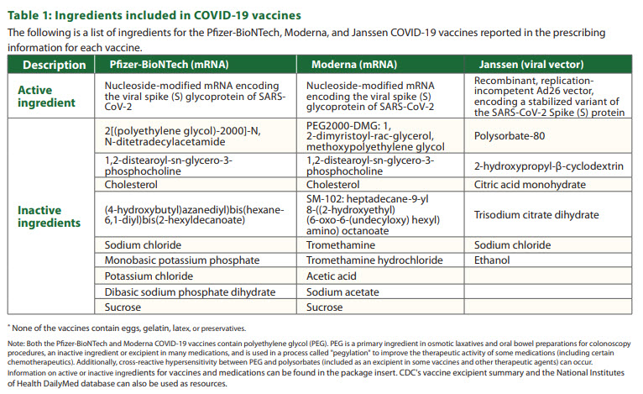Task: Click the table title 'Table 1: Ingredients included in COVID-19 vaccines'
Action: click(x=154, y=16)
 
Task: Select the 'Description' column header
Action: click(x=55, y=65)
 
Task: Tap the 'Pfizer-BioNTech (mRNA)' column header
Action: click(x=169, y=65)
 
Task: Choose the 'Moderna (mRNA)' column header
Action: click(x=354, y=65)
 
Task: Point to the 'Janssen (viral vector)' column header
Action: click(x=531, y=65)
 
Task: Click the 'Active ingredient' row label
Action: click(x=46, y=97)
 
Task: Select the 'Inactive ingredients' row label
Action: click(x=50, y=216)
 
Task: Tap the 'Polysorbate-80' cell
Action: click(x=510, y=136)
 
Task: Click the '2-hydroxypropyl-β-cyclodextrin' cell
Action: click(x=549, y=165)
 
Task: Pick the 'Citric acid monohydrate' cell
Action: click(x=530, y=185)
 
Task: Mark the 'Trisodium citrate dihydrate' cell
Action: click(x=536, y=215)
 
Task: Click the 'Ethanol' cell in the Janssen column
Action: click(x=492, y=260)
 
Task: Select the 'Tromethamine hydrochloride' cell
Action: click(x=374, y=260)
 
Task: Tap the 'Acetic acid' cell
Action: click(x=331, y=276)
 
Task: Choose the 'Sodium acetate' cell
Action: click(x=342, y=292)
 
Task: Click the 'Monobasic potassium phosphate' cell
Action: click(x=181, y=260)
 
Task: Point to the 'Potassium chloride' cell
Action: click(x=149, y=276)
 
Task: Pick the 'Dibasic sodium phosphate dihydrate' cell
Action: click(x=190, y=292)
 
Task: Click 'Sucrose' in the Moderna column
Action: click(x=324, y=307)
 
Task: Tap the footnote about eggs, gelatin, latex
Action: click(x=127, y=328)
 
